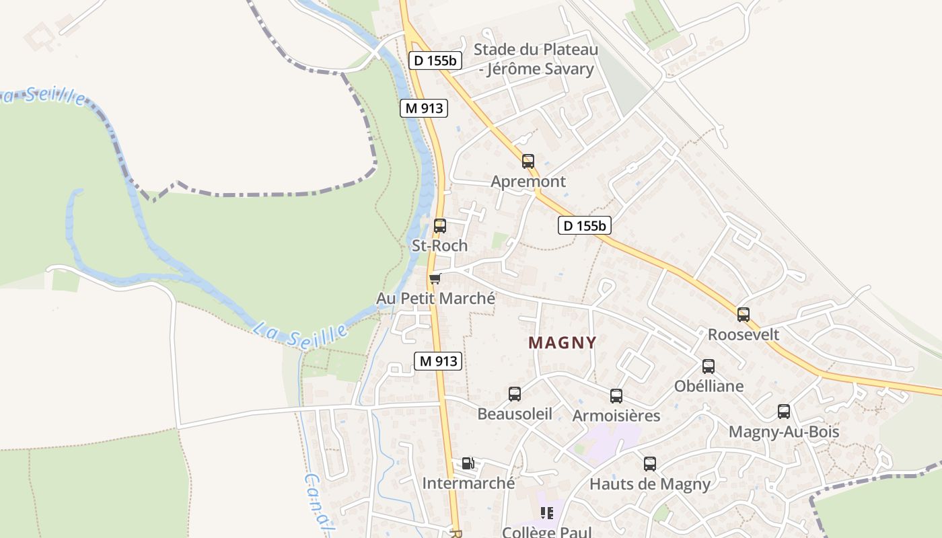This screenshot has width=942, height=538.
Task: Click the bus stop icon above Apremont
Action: point(528,161)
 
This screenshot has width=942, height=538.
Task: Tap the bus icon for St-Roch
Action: point(440,226)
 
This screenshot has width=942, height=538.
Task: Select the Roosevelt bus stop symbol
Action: point(744,314)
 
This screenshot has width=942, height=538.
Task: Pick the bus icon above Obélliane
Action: point(709,366)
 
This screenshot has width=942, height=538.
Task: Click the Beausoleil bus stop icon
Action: point(515,394)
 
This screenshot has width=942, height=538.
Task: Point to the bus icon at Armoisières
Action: point(616,396)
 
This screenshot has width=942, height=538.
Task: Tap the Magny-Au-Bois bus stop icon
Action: point(784,412)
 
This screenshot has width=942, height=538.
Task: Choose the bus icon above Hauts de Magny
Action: point(650,464)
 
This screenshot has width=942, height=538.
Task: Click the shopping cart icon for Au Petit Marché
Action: point(435,278)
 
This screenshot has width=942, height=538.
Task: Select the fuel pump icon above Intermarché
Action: point(468,463)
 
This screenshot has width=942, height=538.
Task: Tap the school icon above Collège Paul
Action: point(547,513)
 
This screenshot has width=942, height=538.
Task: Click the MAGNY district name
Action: point(563,343)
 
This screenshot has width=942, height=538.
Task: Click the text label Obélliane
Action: point(709,386)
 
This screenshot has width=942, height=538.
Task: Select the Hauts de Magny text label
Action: point(650,484)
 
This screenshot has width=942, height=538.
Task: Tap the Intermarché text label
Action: point(468,483)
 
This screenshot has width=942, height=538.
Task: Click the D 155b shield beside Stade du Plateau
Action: point(435,61)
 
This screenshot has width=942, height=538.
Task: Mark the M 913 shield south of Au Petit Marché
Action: point(438,361)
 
